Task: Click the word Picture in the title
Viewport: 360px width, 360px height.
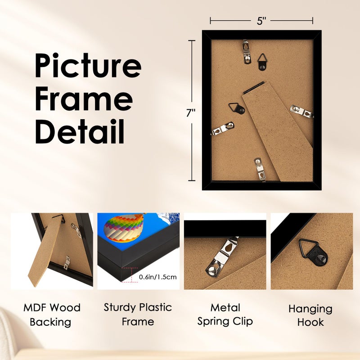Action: coord(88,66)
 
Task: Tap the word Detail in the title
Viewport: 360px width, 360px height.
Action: coord(80,130)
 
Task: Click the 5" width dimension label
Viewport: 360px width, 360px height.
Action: coord(261,20)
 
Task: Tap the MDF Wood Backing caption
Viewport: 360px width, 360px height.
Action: coord(52,315)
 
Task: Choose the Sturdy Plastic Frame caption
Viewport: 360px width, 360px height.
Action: coord(138,314)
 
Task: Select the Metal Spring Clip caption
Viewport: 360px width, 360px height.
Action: coord(225,314)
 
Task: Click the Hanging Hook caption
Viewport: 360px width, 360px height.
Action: coord(310,315)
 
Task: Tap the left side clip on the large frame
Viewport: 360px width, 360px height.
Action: coord(222,129)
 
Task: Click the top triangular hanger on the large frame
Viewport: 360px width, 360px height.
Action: coord(263,60)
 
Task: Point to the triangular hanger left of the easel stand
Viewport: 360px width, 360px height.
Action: coord(236,108)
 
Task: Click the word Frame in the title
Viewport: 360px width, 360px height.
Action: coord(84,99)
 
